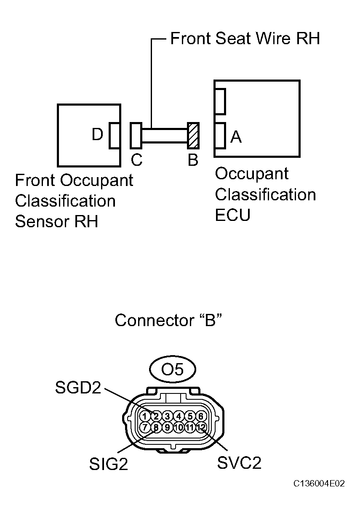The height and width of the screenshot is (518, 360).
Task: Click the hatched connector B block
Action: point(193,135)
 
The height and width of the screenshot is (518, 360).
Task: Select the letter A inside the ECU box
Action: point(236,136)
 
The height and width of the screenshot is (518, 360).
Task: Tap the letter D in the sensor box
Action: point(97,135)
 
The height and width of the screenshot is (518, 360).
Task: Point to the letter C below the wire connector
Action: point(136,160)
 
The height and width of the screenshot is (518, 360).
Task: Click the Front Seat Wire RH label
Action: point(245,39)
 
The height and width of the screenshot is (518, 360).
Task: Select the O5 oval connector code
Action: point(173,369)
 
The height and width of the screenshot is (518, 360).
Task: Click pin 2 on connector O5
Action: point(156,416)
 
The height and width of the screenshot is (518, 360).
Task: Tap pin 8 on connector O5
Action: point(156,428)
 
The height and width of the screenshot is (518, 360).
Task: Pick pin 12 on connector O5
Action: point(201,428)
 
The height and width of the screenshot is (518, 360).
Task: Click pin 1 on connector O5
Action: point(144,416)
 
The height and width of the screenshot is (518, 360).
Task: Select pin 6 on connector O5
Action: point(201,416)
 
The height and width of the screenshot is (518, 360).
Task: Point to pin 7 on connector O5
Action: point(144,428)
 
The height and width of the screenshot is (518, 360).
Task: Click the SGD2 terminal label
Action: point(78,388)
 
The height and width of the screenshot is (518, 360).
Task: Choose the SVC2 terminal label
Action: point(239,463)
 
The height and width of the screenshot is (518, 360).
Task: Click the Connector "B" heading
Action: point(168,321)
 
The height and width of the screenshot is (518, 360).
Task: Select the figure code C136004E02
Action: point(319,484)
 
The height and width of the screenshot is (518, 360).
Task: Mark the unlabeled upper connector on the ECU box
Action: point(220,101)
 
